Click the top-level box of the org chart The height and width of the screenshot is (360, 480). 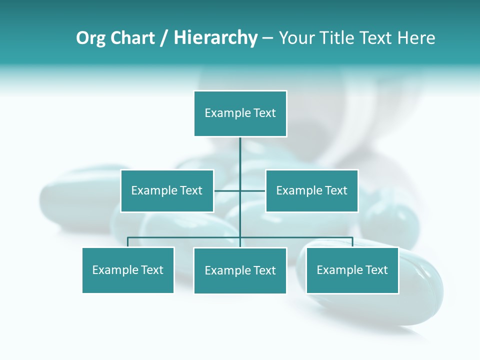(240, 113)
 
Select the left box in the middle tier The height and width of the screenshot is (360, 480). (167, 191)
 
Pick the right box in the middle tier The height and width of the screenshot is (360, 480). (311, 191)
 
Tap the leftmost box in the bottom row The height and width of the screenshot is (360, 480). (128, 270)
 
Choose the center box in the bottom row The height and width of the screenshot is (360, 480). (240, 270)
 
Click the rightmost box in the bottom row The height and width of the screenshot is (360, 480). (352, 270)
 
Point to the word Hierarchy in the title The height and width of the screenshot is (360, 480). (215, 38)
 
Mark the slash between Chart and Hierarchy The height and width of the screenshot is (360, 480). (164, 38)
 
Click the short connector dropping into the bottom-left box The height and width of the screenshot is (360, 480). (128, 242)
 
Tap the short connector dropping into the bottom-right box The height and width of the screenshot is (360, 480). (352, 242)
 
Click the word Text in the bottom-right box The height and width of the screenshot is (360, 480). (376, 270)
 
